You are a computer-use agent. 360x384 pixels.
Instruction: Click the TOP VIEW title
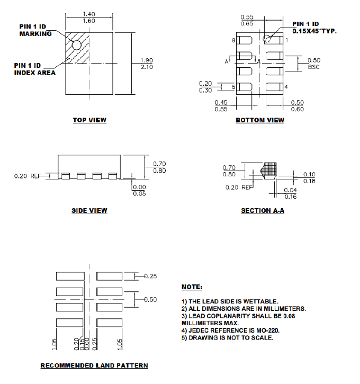tap(89, 120)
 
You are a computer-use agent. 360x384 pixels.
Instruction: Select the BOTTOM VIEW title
tap(259, 120)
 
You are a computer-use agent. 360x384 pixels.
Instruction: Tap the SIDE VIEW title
tap(89, 211)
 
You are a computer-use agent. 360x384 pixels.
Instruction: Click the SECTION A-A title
tap(263, 211)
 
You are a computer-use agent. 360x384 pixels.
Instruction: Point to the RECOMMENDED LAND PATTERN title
tap(94, 365)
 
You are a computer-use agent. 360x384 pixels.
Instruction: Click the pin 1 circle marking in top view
tap(77, 45)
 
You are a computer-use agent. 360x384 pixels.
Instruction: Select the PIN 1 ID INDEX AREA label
tap(34, 69)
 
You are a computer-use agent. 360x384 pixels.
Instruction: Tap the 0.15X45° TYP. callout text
tap(314, 31)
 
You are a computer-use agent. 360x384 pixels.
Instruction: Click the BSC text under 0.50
tap(313, 67)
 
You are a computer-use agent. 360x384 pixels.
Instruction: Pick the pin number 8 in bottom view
tap(233, 40)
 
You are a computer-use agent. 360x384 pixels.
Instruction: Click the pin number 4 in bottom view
tap(286, 87)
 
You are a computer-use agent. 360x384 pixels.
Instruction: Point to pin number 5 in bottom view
tap(233, 87)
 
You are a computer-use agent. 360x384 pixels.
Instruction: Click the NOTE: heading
tap(192, 287)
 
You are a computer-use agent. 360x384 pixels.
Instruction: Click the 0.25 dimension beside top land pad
tap(150, 276)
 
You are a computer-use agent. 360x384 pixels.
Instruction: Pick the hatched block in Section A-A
tap(271, 168)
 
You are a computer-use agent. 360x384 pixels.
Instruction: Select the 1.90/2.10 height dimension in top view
tap(147, 64)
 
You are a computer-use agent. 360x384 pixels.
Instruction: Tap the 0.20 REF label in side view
tap(28, 176)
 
